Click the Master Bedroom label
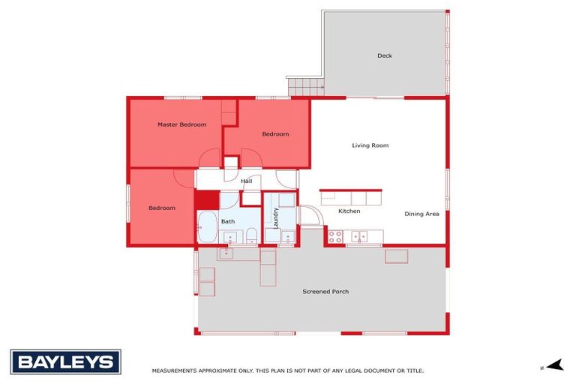click(x=181, y=124)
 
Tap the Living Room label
click(x=370, y=145)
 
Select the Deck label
click(x=385, y=55)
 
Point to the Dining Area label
click(x=421, y=214)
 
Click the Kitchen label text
click(x=349, y=211)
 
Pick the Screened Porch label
click(x=325, y=291)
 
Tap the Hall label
click(x=246, y=181)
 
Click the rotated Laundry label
click(x=275, y=217)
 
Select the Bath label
click(x=228, y=221)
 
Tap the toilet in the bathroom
click(x=251, y=237)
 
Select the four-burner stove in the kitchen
click(x=335, y=236)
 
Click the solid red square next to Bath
click(x=206, y=200)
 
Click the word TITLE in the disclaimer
click(x=415, y=370)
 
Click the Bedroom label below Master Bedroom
click(x=161, y=208)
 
